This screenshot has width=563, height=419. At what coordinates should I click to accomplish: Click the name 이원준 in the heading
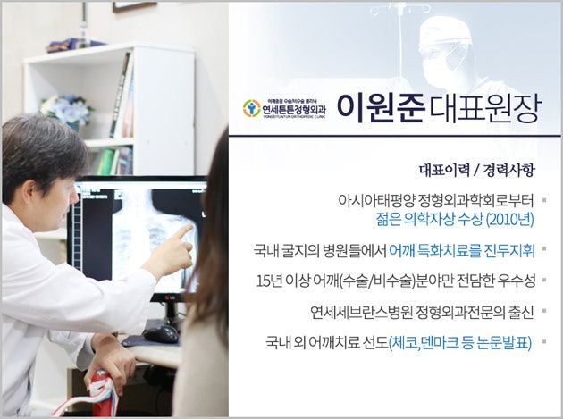click(381, 107)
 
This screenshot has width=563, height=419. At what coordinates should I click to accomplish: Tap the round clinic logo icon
click(251, 108)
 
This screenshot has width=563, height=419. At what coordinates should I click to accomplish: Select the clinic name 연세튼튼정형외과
click(294, 108)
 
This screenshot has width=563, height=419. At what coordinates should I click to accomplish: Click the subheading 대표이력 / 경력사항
click(477, 170)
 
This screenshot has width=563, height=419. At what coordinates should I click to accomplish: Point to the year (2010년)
click(509, 220)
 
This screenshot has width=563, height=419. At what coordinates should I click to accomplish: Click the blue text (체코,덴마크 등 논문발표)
click(460, 343)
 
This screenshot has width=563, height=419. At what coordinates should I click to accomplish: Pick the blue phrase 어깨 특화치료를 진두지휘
click(462, 251)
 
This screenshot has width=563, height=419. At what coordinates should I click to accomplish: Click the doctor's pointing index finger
click(183, 230)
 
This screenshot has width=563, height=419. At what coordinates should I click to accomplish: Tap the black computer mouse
click(161, 334)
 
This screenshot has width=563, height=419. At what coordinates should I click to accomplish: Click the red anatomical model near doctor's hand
click(103, 394)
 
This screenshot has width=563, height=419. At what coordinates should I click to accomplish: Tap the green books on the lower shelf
click(105, 162)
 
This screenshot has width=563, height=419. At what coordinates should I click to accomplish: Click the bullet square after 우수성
click(544, 280)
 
